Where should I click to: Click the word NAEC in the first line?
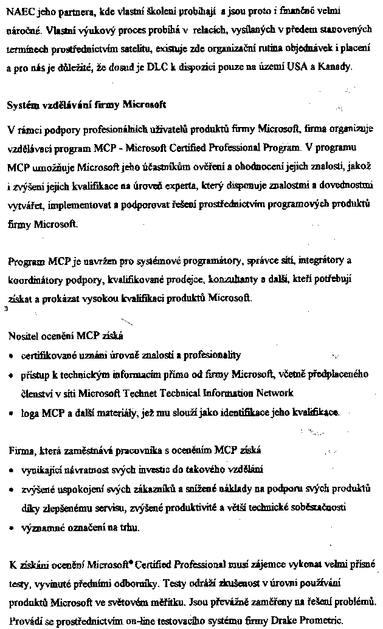pos(18,11)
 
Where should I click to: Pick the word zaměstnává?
pos(89,451)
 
